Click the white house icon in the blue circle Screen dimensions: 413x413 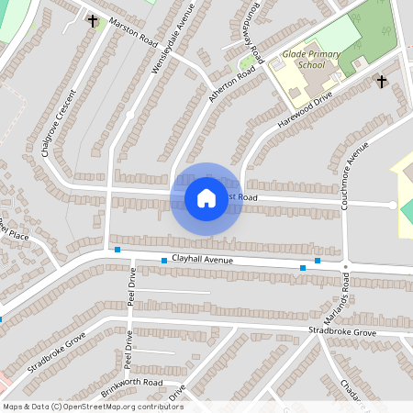(x=206, y=198)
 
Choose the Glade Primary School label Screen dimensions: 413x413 (x=304, y=60)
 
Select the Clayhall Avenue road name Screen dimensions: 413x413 (x=200, y=261)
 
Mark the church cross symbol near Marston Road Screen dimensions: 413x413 (x=92, y=19)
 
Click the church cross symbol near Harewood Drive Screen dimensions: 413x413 (x=382, y=82)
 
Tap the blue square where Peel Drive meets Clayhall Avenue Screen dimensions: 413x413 (x=117, y=250)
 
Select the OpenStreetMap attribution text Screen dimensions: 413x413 (x=93, y=407)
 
